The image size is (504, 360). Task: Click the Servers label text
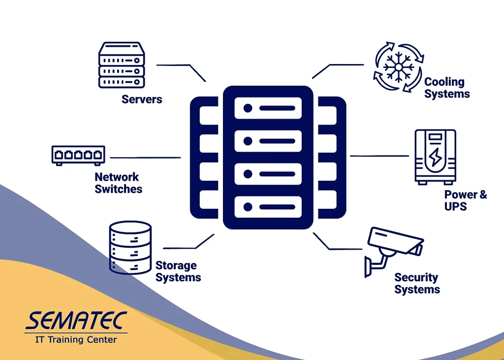click(x=142, y=99)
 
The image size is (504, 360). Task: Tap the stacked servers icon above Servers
click(x=122, y=65)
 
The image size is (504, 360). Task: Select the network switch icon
click(x=78, y=156)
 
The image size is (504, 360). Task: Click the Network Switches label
click(x=118, y=183)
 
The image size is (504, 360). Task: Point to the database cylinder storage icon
click(x=130, y=247)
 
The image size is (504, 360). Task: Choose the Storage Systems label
click(x=178, y=271)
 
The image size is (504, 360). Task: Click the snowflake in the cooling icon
click(x=398, y=67)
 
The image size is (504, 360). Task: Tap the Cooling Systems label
click(x=447, y=88)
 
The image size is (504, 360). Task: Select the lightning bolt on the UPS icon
click(x=435, y=157)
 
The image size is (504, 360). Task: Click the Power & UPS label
click(x=466, y=200)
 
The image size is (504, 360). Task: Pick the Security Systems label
click(x=417, y=283)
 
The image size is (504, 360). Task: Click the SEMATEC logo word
click(x=76, y=321)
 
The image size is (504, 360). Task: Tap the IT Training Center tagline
click(x=76, y=339)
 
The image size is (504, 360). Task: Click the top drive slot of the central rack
click(x=268, y=108)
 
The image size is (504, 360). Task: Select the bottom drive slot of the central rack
click(x=268, y=207)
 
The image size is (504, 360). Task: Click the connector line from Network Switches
click(x=145, y=158)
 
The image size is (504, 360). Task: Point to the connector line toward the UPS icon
click(x=379, y=156)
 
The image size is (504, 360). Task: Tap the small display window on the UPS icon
click(x=435, y=137)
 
